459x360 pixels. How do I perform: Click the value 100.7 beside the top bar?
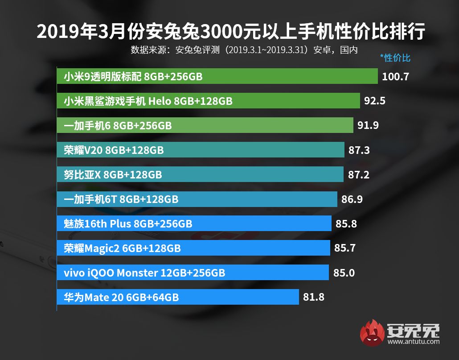tap(395, 77)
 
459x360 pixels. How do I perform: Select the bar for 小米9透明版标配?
tap(217, 77)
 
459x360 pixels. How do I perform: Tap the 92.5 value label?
tap(375, 101)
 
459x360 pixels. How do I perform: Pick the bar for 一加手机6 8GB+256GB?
tap(205, 126)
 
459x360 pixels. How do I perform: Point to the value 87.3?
tap(359, 150)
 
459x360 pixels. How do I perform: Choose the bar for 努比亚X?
tap(200, 174)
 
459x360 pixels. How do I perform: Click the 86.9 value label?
tap(352, 199)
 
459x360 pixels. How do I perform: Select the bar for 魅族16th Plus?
tap(194, 223)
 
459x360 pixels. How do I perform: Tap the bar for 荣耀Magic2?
tap(193, 248)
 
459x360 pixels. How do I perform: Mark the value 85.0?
tap(344, 272)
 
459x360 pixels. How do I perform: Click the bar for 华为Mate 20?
tap(178, 297)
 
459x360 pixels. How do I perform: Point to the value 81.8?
tap(314, 297)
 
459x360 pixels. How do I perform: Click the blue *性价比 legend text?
tap(395, 58)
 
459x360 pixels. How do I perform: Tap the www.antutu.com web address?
tap(414, 342)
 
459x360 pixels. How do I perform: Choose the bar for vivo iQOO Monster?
tap(193, 272)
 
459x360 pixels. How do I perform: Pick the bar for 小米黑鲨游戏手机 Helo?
tap(208, 101)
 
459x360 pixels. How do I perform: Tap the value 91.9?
tap(368, 126)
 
